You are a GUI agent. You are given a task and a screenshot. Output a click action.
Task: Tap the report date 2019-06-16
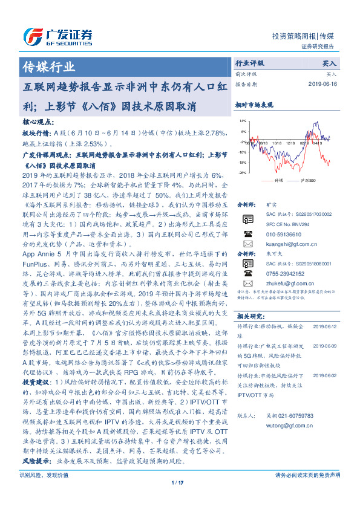point(322,84)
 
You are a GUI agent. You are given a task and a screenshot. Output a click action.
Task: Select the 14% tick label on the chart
point(243,121)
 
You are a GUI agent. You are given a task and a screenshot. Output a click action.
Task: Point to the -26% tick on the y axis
point(242,173)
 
